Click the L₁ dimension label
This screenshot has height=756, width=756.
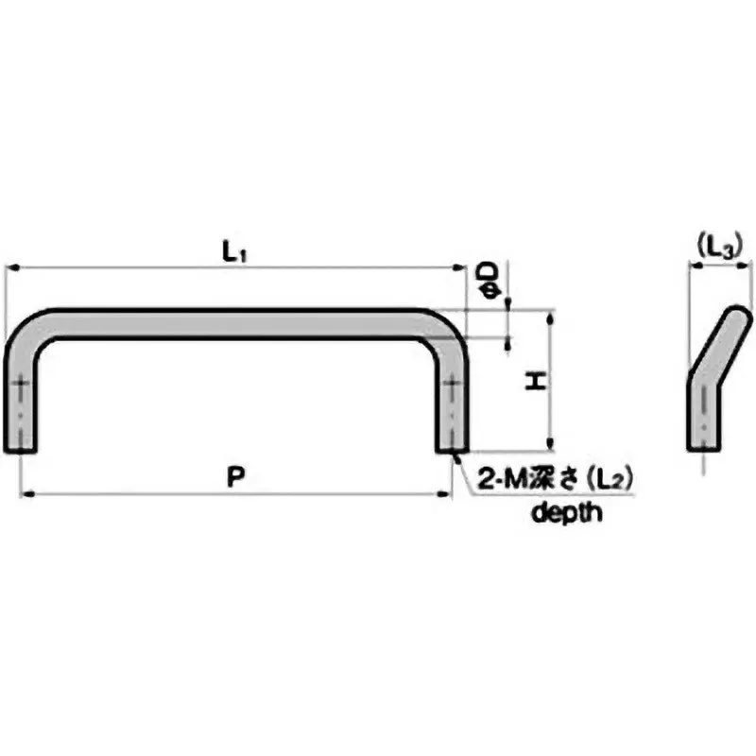[x=234, y=252]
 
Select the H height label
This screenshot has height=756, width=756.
[x=536, y=382]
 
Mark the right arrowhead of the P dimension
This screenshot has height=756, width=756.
[x=449, y=492]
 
